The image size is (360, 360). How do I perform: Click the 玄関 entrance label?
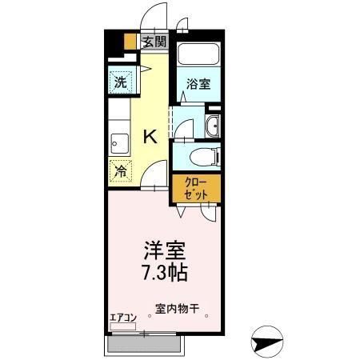154,42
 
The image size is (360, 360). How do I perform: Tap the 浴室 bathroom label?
198,83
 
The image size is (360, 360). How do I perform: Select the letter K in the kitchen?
150,137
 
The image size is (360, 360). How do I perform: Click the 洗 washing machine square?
120,82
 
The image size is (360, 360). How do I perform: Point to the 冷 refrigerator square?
120,170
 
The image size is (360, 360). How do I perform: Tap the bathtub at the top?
197,54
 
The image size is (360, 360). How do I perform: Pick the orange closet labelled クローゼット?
194,189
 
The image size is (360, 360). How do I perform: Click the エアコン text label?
123,317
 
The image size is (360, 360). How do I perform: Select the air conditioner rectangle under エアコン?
124,326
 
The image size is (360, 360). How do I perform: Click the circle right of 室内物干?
207,316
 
